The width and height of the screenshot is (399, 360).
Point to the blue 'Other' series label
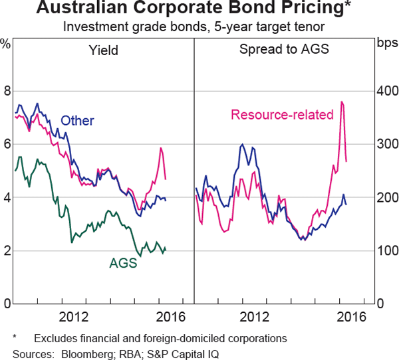tap(77, 121)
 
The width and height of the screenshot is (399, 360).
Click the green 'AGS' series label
tap(123, 262)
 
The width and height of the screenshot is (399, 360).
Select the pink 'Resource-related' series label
tap(282, 115)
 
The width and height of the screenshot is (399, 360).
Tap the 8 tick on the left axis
tap(8, 91)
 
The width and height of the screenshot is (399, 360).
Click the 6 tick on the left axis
tap(8, 144)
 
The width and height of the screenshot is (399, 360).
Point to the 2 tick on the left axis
tap(8, 251)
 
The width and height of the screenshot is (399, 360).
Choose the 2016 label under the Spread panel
tap(350, 316)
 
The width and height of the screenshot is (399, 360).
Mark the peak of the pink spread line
tap(341, 102)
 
